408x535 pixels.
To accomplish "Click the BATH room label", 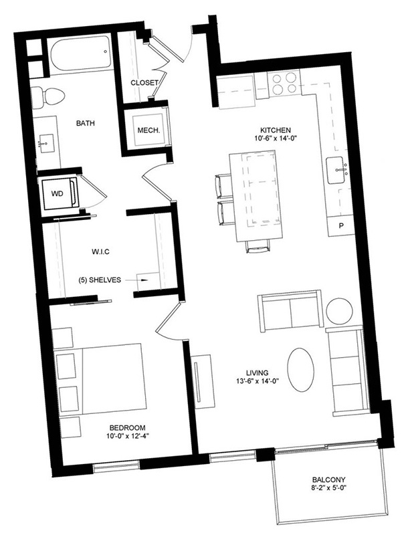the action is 86,123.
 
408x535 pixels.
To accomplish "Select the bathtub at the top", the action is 81,55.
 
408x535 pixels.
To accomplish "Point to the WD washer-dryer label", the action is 57,194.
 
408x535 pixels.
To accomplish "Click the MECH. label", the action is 148,130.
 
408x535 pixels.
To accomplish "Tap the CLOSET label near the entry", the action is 144,82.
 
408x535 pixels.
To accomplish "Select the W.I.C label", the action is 100,252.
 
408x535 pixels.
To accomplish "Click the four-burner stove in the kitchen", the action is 284,84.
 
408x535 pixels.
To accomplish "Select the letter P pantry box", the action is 340,225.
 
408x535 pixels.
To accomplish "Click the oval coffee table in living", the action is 300,370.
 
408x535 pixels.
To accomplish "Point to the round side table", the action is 339,311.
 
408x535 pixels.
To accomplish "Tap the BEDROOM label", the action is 127,427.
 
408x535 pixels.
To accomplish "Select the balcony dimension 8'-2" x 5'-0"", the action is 328,488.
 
